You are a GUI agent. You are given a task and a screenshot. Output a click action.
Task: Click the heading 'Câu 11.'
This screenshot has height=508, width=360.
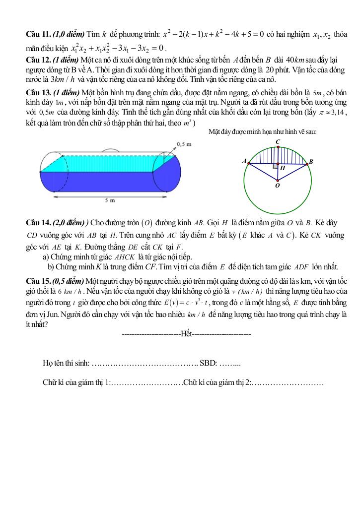click(x=38, y=35)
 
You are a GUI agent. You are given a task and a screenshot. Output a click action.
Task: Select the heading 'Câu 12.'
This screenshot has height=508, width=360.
click(x=38, y=60)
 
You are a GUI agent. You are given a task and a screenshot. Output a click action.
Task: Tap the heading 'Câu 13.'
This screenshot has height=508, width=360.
click(x=38, y=93)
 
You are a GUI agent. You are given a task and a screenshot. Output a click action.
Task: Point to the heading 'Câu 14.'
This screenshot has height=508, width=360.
click(x=38, y=224)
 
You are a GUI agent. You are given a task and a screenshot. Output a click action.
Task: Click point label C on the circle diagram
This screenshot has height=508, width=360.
click(x=278, y=142)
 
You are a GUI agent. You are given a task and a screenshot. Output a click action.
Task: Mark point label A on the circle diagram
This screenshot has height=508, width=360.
click(x=244, y=161)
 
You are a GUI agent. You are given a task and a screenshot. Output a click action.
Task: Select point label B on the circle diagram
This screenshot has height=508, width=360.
click(x=311, y=162)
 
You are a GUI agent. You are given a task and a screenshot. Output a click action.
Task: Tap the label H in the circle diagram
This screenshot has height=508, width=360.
click(x=282, y=168)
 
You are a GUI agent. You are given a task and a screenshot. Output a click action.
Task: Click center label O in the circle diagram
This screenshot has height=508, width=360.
click(x=277, y=185)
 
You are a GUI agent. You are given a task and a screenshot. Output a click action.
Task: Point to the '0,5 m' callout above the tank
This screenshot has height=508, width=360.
click(x=184, y=144)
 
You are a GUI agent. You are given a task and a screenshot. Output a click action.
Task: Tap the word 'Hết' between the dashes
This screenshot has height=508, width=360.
click(x=187, y=334)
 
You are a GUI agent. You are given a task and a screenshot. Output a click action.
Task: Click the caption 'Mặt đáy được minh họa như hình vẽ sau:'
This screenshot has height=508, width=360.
click(x=263, y=131)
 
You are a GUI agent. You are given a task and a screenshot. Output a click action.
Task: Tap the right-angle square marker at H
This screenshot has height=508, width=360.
click(x=275, y=167)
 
